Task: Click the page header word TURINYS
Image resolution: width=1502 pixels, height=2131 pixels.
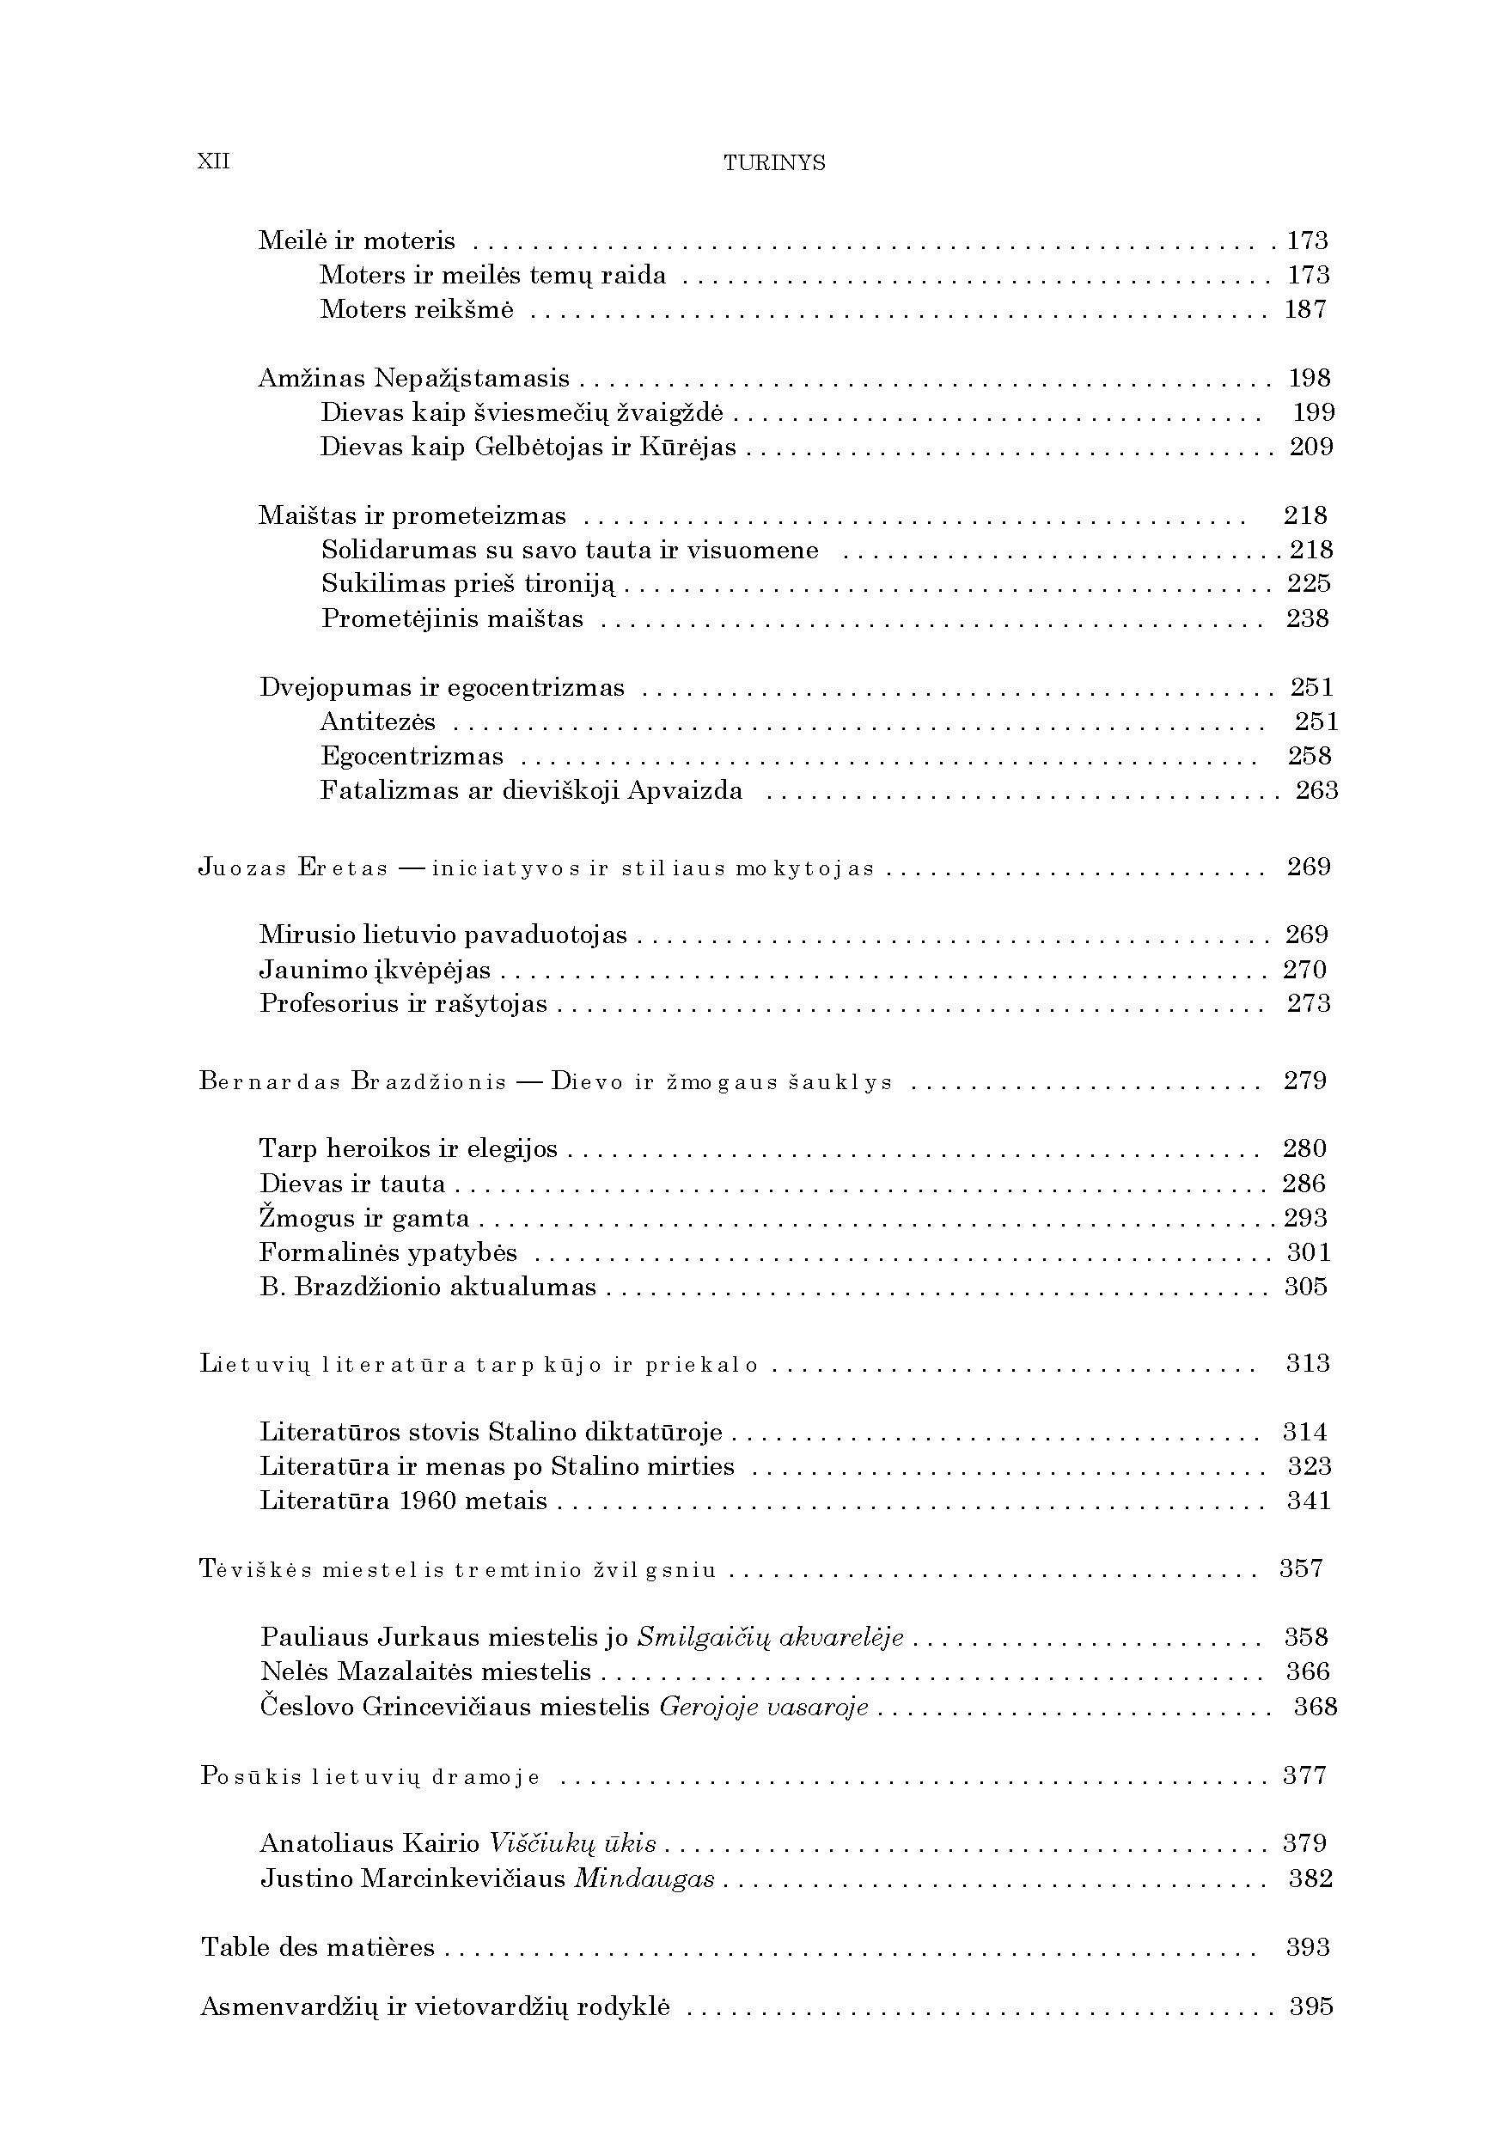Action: click(774, 163)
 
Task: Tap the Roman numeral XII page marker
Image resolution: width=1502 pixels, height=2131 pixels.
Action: click(213, 162)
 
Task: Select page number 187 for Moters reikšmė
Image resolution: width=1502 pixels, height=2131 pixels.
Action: click(1305, 309)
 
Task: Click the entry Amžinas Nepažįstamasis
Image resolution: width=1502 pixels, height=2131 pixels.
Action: click(414, 379)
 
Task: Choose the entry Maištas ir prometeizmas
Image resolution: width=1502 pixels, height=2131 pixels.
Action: click(412, 516)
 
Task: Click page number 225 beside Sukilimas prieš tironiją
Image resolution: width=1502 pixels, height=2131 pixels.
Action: click(1309, 584)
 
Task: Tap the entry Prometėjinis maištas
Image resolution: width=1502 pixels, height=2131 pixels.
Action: click(452, 619)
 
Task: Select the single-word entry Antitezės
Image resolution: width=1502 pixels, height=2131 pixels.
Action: click(378, 722)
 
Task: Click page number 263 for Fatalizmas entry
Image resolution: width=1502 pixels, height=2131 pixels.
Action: click(1316, 791)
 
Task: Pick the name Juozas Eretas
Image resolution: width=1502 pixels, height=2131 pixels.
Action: click(293, 868)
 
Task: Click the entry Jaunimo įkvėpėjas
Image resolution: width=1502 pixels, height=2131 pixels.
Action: click(375, 970)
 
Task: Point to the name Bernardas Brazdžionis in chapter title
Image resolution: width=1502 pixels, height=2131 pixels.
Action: click(353, 1082)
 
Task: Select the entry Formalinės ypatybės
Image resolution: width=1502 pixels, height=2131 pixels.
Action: click(388, 1253)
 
